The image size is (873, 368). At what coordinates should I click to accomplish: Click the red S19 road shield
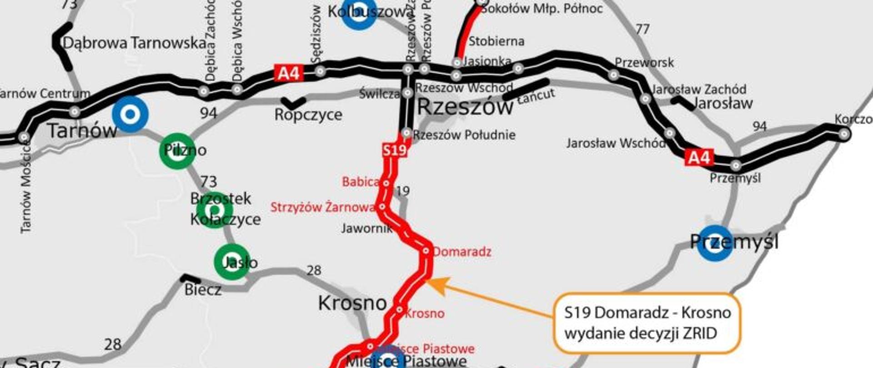click(394, 150)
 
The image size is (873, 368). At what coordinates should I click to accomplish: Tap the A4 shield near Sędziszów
click(289, 73)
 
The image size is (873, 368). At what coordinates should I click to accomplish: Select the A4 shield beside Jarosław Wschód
click(699, 158)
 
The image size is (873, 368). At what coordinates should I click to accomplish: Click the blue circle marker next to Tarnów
click(130, 114)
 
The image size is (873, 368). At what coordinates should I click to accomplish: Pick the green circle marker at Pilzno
click(178, 151)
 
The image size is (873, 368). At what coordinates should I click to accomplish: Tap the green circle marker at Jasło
click(232, 262)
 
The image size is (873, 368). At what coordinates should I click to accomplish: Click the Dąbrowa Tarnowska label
click(135, 43)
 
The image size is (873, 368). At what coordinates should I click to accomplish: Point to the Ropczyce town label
click(308, 114)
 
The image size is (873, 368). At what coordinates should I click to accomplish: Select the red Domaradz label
click(462, 252)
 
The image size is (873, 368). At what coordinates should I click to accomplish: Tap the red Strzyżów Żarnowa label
click(323, 208)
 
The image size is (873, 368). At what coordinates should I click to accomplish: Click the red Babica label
click(361, 182)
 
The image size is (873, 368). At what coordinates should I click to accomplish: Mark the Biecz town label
click(203, 289)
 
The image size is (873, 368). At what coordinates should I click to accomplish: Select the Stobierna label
click(496, 41)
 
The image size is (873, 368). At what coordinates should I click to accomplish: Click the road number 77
click(642, 30)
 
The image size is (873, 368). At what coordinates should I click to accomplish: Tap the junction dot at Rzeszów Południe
click(406, 134)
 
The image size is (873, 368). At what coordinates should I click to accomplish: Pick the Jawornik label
click(366, 228)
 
